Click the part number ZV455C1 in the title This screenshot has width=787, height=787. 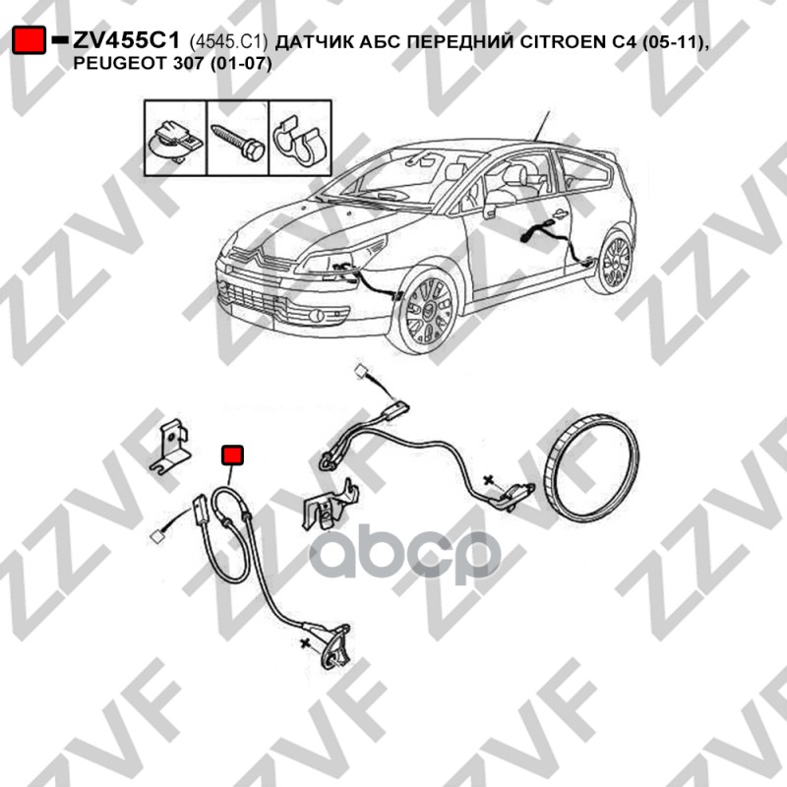coord(126,40)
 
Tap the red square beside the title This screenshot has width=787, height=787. coord(30,40)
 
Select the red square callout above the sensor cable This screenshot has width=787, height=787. coord(232,454)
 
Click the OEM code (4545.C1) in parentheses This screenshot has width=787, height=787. coord(228,42)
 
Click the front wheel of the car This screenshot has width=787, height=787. coord(428,311)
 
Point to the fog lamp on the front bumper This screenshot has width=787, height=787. coord(316,316)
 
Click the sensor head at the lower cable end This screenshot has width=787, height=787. coord(336,649)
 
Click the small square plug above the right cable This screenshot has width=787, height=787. coord(361,372)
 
